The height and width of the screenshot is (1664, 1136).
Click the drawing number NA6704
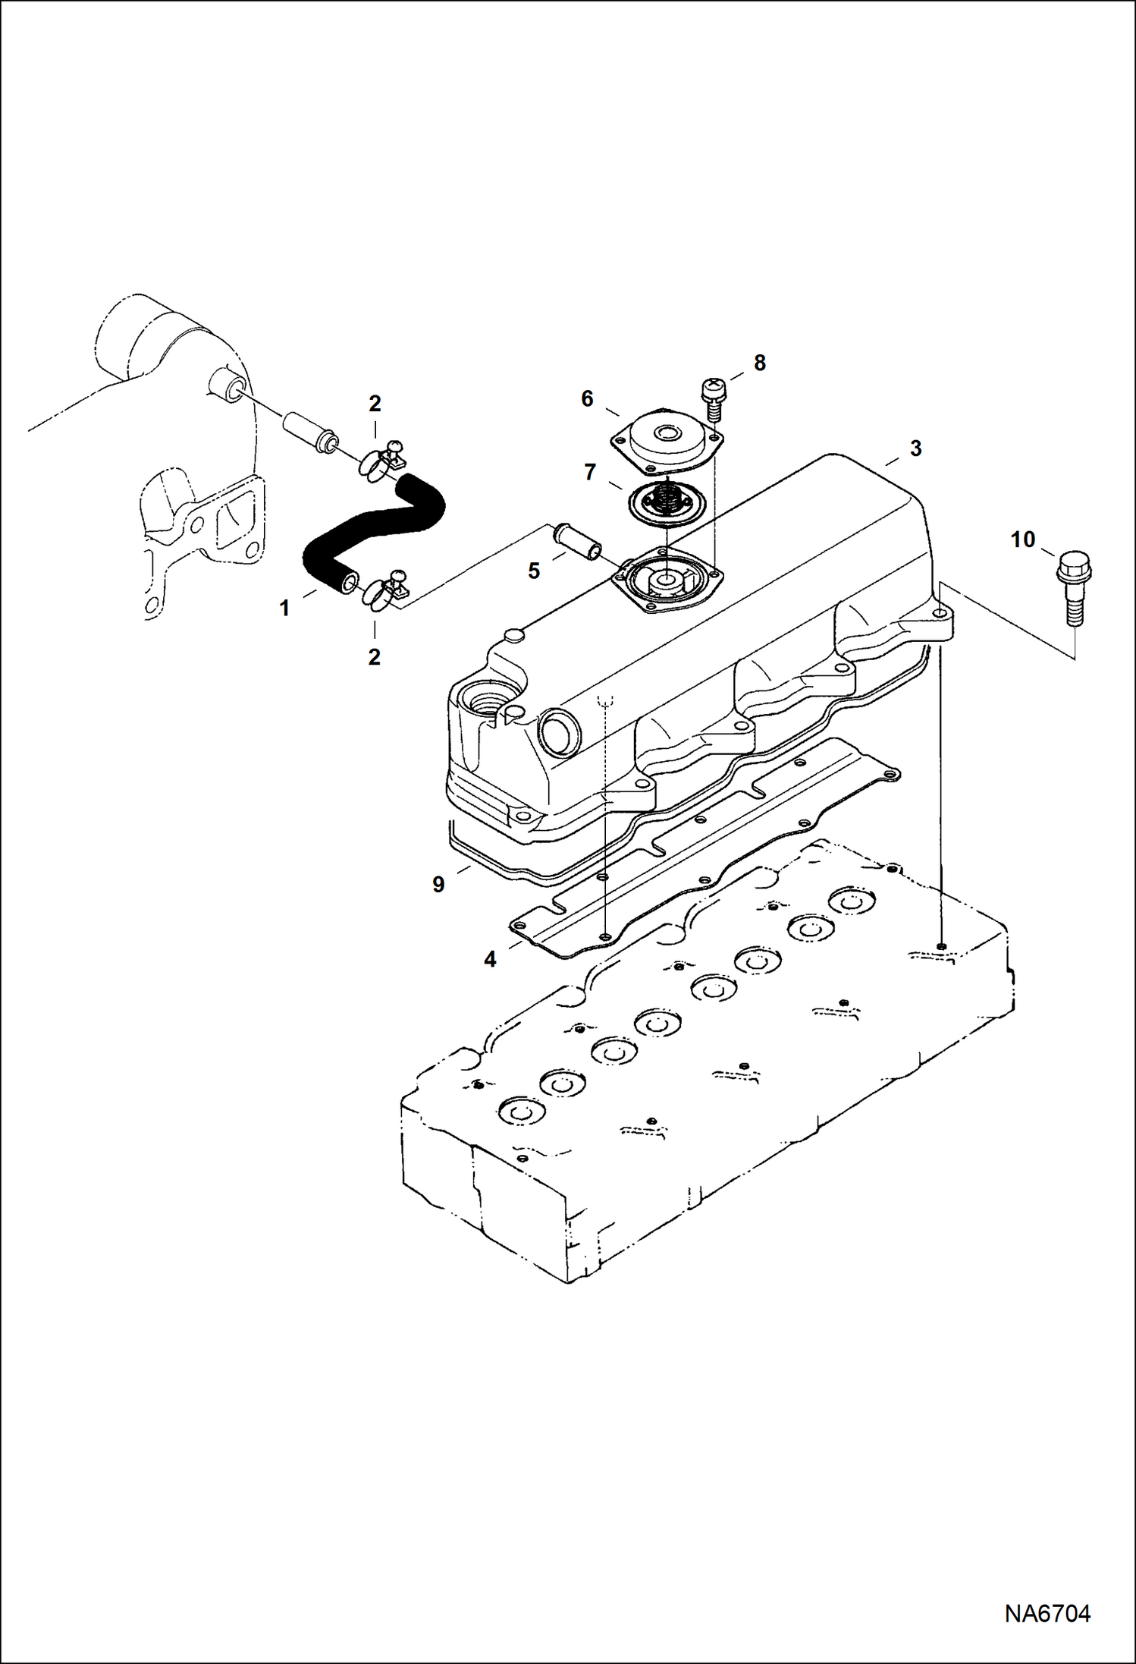tap(1047, 1613)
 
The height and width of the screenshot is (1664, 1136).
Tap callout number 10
tap(1022, 539)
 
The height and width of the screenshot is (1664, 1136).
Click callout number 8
tap(759, 363)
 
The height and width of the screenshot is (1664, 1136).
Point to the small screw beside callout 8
tap(711, 399)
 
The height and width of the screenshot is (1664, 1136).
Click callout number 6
tap(587, 398)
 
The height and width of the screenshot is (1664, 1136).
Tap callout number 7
tap(590, 472)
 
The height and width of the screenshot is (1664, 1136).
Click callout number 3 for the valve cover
tap(915, 448)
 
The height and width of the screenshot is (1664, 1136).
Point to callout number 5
tap(534, 571)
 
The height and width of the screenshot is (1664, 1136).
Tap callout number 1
tap(284, 608)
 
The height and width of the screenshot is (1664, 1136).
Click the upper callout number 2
tap(375, 404)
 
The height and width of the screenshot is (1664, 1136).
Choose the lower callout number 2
tap(374, 656)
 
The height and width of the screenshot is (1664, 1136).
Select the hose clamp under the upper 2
tap(378, 462)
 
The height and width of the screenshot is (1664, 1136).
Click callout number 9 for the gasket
tap(438, 884)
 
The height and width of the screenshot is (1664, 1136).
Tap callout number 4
tap(490, 959)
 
